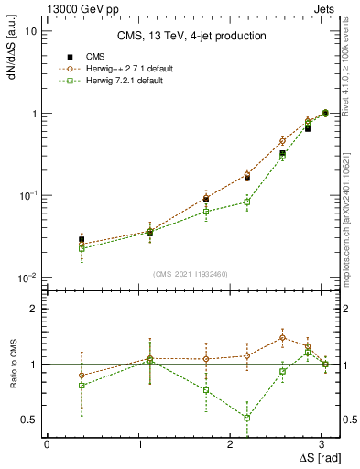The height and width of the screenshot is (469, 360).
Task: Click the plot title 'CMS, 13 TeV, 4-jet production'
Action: (x=191, y=36)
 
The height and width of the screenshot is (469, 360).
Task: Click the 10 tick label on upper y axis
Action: (x=31, y=31)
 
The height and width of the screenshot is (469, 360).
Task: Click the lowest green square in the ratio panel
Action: (x=247, y=418)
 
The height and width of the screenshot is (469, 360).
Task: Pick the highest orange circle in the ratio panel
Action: (x=282, y=337)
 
